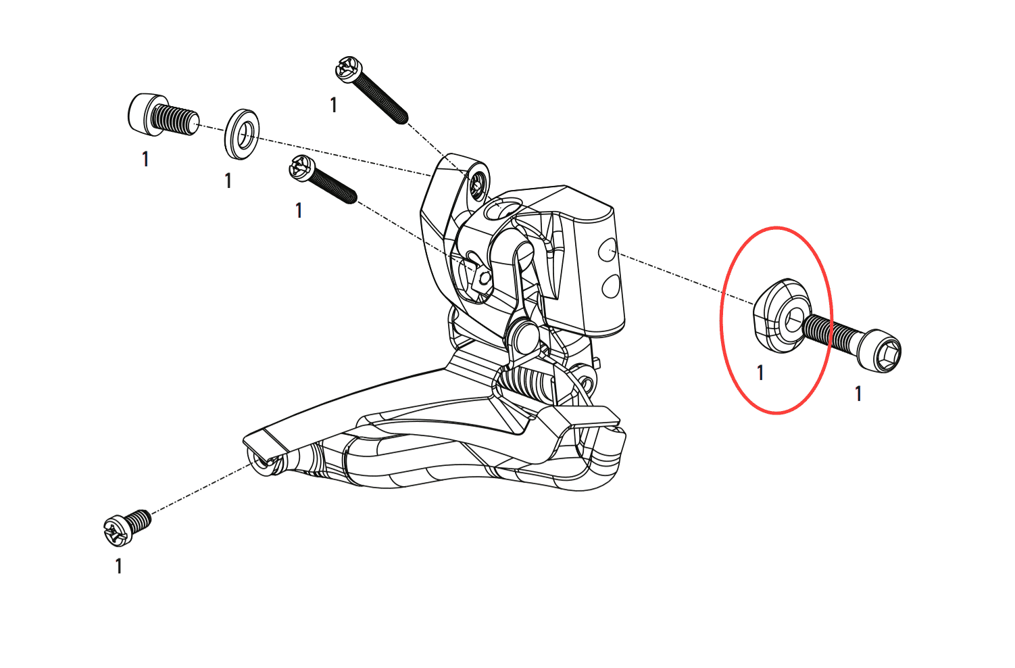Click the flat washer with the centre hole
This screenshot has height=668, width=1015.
point(242,135)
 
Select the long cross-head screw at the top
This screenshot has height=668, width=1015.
point(372,90)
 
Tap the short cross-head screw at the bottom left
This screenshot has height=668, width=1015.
point(127,527)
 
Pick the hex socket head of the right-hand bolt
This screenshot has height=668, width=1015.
point(880,350)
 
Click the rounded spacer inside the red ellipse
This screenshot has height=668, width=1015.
point(781,316)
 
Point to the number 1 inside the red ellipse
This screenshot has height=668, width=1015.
point(760,373)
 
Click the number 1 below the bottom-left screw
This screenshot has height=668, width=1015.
point(119,567)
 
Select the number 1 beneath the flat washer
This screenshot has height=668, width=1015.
point(228,181)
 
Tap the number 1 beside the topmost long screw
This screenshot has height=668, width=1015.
point(334,105)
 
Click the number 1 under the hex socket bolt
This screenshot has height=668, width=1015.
point(858,393)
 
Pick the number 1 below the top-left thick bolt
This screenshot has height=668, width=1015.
point(145,159)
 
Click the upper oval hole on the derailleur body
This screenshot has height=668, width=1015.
point(608,251)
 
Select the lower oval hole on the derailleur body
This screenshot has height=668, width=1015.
point(610,286)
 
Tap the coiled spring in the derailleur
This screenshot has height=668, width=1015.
point(526,380)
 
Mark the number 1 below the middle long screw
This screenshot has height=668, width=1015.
point(299,210)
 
